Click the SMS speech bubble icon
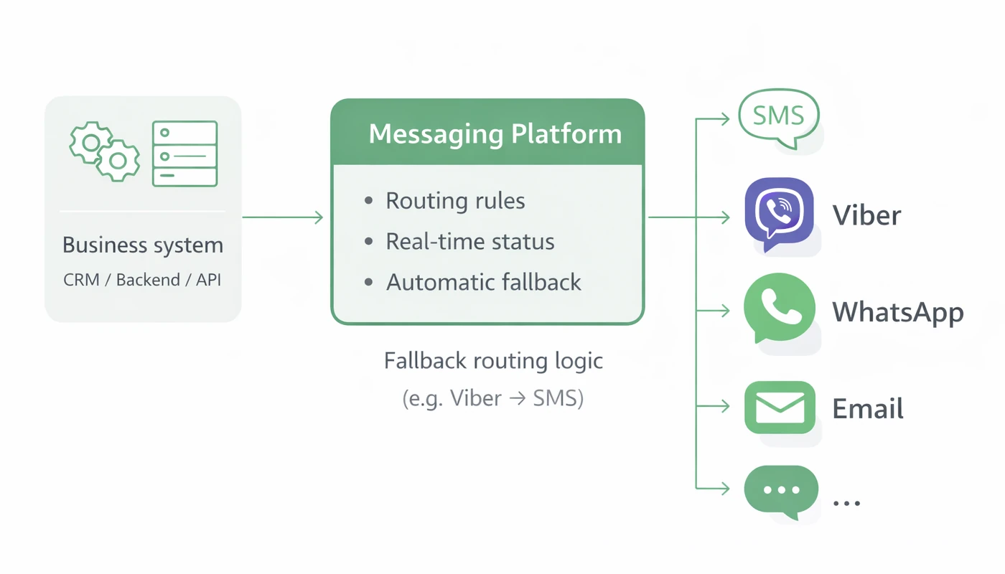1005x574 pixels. [779, 117]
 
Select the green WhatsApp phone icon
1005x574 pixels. [779, 309]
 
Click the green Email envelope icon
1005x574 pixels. [780, 407]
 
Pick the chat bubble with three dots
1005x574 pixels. [781, 491]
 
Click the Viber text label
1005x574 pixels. [866, 215]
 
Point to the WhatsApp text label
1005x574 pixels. [897, 312]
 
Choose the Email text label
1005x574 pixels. [867, 408]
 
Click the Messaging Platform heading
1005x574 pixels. [495, 134]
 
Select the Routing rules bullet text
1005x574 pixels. [455, 201]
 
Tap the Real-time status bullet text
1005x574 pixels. [470, 241]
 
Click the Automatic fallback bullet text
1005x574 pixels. [483, 282]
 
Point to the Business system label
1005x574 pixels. [143, 245]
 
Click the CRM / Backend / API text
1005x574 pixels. [143, 280]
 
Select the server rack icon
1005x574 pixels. [184, 154]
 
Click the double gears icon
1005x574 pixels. [105, 151]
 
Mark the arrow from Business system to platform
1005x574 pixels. [283, 217]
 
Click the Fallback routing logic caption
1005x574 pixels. [493, 360]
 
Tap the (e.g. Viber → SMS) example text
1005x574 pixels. [493, 398]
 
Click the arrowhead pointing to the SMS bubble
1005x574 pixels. [725, 119]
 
